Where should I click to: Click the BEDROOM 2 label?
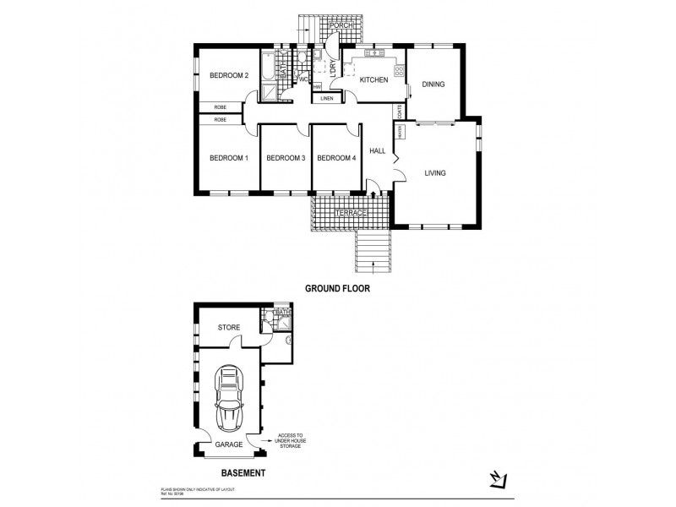point(228,77)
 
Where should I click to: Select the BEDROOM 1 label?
point(228,157)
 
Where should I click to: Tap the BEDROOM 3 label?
point(285,157)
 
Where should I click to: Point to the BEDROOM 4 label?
point(337,157)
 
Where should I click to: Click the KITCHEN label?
point(373,80)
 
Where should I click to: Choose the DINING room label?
point(433,84)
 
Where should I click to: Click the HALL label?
point(378,152)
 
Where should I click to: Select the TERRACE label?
point(351,214)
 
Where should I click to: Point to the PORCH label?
point(341,25)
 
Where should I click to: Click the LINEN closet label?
point(326,98)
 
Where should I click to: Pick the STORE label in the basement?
point(229,327)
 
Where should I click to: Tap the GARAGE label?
point(228,444)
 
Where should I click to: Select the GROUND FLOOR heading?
point(338,288)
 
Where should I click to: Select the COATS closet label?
point(400,112)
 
